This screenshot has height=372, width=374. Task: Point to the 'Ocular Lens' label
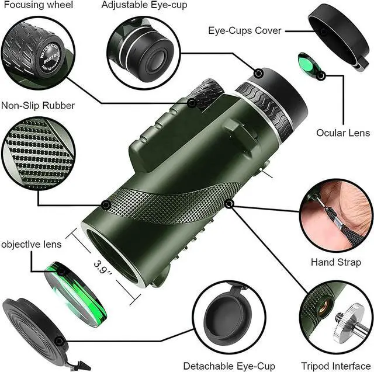tap(343, 133)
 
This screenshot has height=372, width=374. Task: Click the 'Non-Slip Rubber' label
tap(37, 106)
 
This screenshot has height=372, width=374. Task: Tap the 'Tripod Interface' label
tap(335, 366)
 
